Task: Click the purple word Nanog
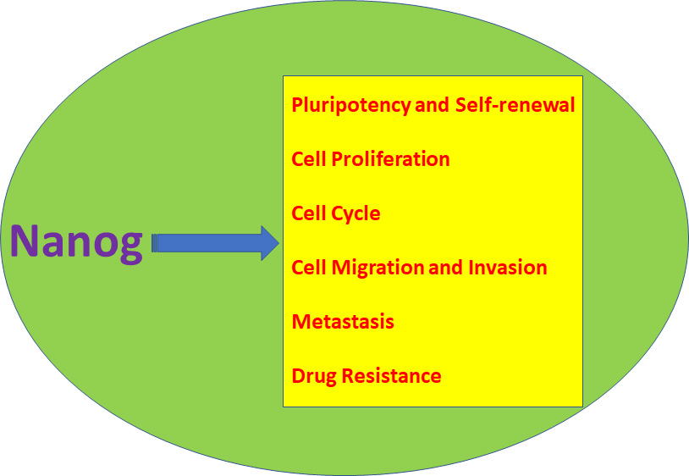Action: point(76,244)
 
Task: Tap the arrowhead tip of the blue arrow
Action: point(277,244)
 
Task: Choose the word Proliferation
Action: point(389,159)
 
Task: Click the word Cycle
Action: point(355,213)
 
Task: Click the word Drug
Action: point(313,376)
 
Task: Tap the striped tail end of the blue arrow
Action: point(155,244)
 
